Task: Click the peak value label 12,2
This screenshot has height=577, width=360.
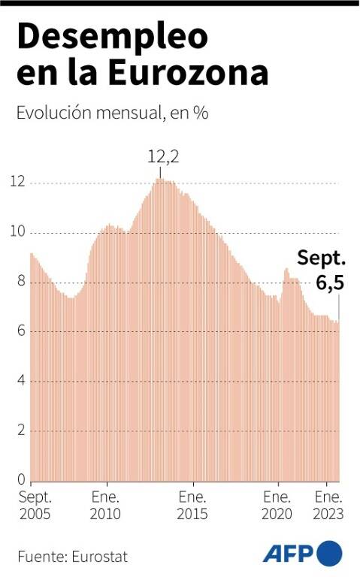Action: [x=163, y=157]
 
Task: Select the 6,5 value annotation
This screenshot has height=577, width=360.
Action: [x=330, y=282]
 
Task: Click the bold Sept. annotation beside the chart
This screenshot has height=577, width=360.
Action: [x=322, y=258]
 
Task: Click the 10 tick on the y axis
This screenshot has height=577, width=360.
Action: [x=18, y=231]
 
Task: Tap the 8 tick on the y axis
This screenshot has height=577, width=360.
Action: [x=21, y=281]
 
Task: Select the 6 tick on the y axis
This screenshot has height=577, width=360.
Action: [x=21, y=331]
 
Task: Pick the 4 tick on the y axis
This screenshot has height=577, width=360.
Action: [x=21, y=380]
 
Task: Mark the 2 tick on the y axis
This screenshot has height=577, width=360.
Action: [x=21, y=430]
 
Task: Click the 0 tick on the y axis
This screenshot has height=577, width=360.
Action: [x=21, y=479]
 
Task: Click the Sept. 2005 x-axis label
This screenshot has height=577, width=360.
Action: [x=35, y=506]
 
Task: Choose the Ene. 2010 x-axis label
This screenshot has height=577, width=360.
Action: [x=105, y=506]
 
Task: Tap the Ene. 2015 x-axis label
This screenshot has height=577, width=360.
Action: [x=192, y=506]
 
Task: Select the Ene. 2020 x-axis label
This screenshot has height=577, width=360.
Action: [x=277, y=506]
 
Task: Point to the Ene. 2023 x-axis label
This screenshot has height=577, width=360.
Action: [x=328, y=506]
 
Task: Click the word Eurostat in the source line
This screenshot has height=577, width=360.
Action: [x=100, y=557]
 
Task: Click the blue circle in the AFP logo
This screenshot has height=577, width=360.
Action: [x=329, y=553]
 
